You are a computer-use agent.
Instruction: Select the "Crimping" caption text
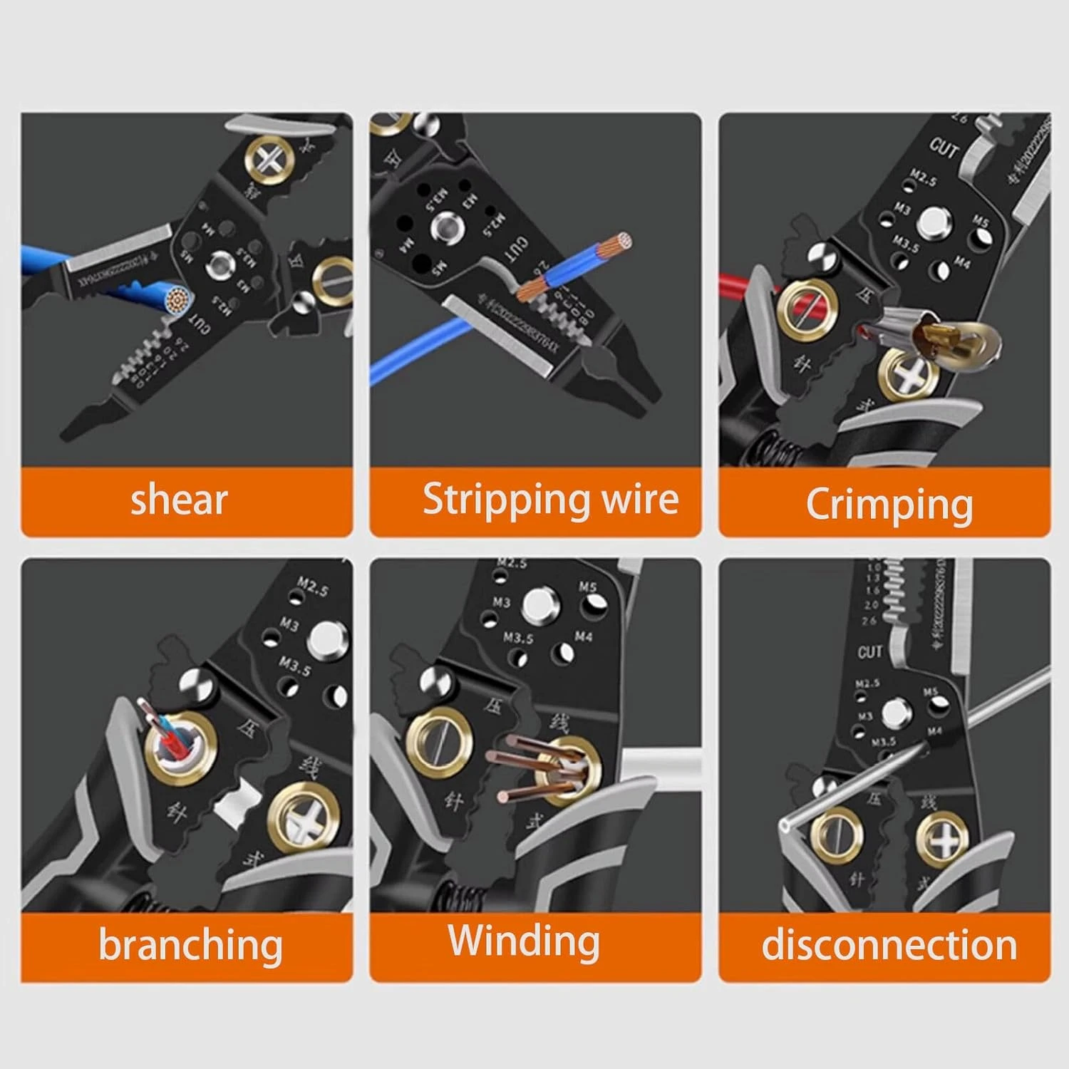[x=889, y=505]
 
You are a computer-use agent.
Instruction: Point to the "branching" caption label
[x=190, y=945]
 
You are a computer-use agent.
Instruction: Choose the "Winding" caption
[x=524, y=941]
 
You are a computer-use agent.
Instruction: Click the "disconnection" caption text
[x=889, y=945]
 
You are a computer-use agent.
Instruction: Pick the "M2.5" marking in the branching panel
[x=312, y=587]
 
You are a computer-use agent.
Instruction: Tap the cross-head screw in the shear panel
[x=269, y=158]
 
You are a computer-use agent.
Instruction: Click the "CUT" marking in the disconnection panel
[x=869, y=652]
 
